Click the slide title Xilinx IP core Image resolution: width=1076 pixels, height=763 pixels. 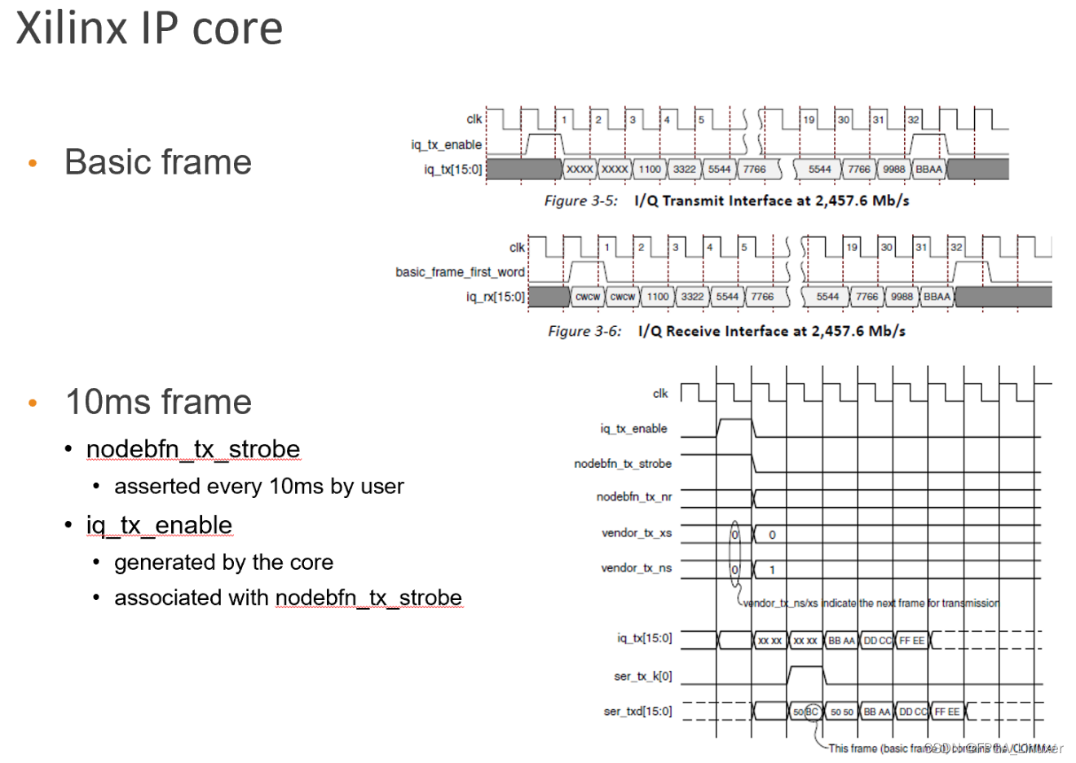tap(149, 29)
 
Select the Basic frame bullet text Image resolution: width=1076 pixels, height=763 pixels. tap(158, 162)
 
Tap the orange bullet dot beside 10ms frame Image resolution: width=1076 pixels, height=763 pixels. tap(33, 403)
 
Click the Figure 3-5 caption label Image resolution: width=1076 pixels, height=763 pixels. tap(580, 201)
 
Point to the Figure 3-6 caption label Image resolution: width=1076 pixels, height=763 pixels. tap(584, 331)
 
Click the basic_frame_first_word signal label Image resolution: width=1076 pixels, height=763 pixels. tap(460, 271)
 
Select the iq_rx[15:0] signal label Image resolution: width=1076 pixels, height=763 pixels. tap(495, 297)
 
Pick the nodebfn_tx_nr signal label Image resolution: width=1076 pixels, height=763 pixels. tap(633, 496)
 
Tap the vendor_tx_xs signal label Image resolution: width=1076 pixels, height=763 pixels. tap(636, 533)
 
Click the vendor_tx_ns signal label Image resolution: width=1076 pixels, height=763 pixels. tap(636, 568)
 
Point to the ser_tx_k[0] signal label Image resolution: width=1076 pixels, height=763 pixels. tap(642, 676)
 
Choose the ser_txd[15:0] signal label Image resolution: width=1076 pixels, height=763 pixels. tap(637, 712)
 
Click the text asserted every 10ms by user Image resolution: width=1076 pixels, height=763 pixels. tap(259, 487)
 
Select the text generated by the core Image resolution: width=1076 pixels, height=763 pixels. tap(223, 562)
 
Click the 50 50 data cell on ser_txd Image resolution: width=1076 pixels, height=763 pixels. tap(841, 712)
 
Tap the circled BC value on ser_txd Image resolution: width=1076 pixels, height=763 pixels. tap(812, 712)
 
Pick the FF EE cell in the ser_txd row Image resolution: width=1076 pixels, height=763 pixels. tap(946, 712)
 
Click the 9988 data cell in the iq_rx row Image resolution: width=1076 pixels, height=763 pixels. tap(902, 297)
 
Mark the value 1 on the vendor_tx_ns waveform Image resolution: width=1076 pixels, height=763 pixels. tap(772, 570)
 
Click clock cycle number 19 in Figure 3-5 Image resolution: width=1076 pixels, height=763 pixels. tap(809, 120)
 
